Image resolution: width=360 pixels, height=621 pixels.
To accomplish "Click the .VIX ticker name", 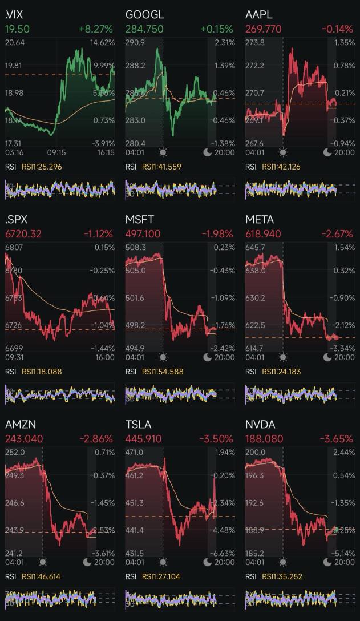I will (x=14, y=14).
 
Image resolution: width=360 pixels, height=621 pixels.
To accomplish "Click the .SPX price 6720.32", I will (x=24, y=234).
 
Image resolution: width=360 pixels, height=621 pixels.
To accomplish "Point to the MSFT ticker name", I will (x=140, y=219).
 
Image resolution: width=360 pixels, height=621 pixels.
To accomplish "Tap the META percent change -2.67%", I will (x=337, y=234).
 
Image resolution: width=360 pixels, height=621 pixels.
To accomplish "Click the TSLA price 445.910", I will (x=143, y=439).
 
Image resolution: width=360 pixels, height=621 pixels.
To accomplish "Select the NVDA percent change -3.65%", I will (x=337, y=439).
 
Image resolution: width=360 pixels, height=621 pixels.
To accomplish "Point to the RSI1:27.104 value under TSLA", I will (x=161, y=576).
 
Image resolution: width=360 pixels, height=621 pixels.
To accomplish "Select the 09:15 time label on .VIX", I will (x=56, y=152).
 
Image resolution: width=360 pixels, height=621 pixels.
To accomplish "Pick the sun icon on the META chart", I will (x=283, y=357).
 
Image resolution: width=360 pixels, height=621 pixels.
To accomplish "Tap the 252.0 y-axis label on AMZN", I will (x=15, y=453).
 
